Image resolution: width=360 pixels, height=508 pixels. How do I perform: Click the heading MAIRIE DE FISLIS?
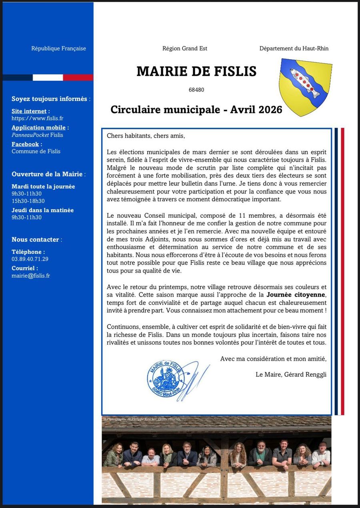(x=196, y=71)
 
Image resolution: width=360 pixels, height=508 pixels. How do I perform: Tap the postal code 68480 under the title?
(x=196, y=90)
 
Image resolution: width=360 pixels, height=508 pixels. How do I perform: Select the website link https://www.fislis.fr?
(x=38, y=118)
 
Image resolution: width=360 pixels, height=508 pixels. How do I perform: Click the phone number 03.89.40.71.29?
(x=30, y=259)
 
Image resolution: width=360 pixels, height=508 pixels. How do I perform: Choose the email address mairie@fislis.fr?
(x=31, y=275)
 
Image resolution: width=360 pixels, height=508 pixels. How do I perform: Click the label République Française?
(x=58, y=48)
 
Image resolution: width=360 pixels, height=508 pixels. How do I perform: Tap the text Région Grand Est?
(x=185, y=48)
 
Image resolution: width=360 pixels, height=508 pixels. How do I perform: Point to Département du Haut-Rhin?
(x=294, y=48)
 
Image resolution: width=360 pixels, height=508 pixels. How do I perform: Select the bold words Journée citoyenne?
(x=296, y=295)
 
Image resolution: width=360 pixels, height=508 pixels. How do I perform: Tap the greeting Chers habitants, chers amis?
(x=146, y=136)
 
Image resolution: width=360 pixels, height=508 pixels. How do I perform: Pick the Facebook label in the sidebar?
(x=25, y=144)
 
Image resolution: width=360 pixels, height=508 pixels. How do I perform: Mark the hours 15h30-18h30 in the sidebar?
(x=28, y=201)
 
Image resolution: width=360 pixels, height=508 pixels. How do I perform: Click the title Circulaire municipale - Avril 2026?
(x=196, y=110)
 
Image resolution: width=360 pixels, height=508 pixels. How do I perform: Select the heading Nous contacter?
(x=35, y=239)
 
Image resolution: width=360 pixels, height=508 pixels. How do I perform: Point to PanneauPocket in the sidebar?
(x=30, y=135)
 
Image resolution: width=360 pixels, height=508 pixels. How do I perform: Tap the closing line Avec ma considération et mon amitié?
(x=273, y=359)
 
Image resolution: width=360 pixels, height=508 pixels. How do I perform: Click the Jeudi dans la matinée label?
(x=42, y=210)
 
